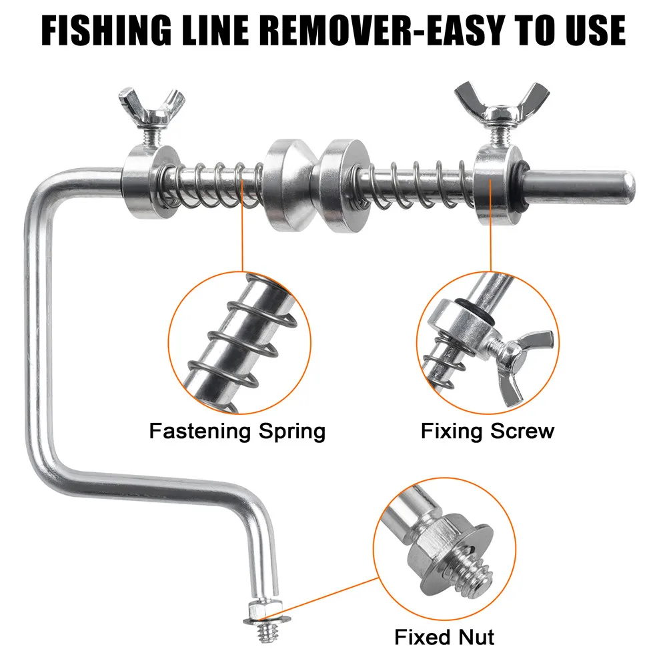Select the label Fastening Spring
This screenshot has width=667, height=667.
(237, 431)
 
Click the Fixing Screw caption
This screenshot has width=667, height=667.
(487, 431)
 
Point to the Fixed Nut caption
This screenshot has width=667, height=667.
(444, 636)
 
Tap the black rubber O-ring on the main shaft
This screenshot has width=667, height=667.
(518, 180)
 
